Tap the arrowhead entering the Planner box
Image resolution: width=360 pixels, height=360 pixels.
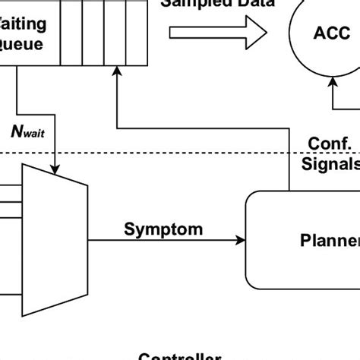click(x=241, y=241)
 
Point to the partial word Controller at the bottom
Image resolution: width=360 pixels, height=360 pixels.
click(x=179, y=355)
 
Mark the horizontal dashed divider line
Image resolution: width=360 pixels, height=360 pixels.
click(x=190, y=154)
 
